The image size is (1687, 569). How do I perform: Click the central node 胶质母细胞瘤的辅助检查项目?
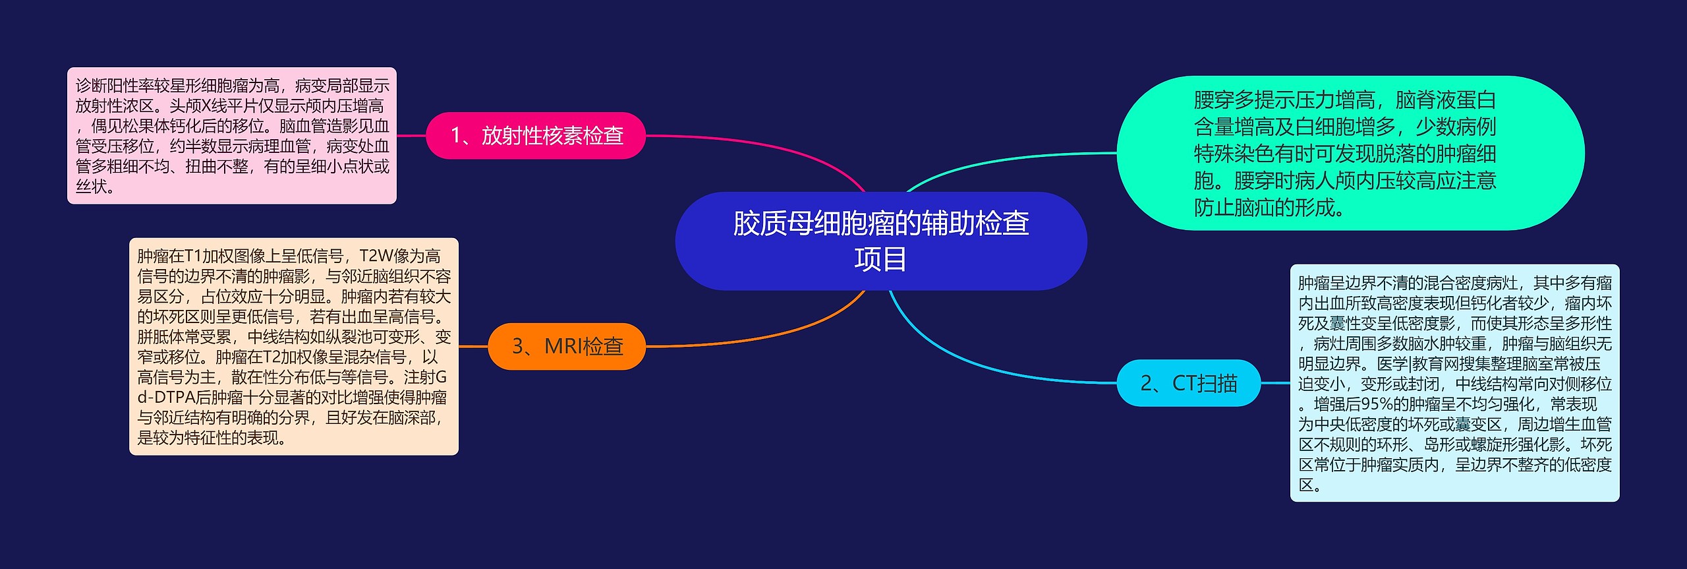pos(880,241)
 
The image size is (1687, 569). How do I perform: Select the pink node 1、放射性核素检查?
pos(536,136)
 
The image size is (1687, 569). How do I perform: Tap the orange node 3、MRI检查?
pos(567,346)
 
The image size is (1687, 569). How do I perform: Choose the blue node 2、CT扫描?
pos(1188,383)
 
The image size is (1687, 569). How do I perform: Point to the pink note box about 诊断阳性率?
pos(232,136)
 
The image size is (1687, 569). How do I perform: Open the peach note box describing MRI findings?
pos(294,346)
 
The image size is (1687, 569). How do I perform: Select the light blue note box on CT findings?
pos(1454,383)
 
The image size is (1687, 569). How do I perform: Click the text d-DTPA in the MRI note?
pos(165,398)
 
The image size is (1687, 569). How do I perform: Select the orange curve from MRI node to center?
pos(778,334)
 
